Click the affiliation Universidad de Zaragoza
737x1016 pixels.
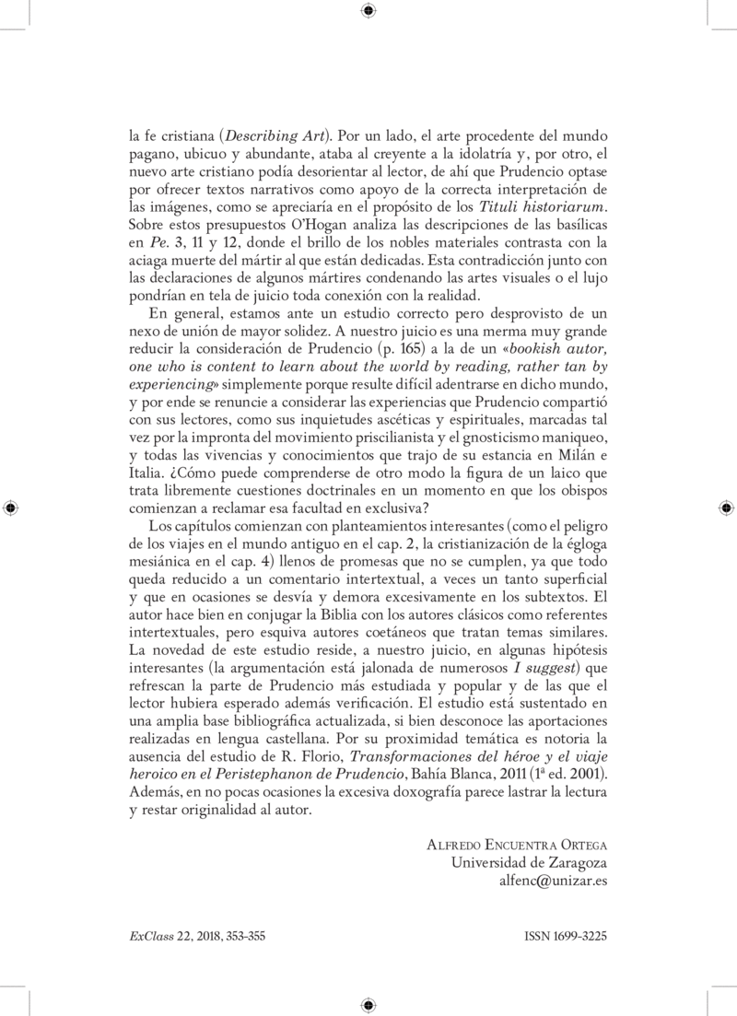click(529, 861)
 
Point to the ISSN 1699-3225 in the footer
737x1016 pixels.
click(565, 935)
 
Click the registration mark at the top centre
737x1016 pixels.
click(368, 10)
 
